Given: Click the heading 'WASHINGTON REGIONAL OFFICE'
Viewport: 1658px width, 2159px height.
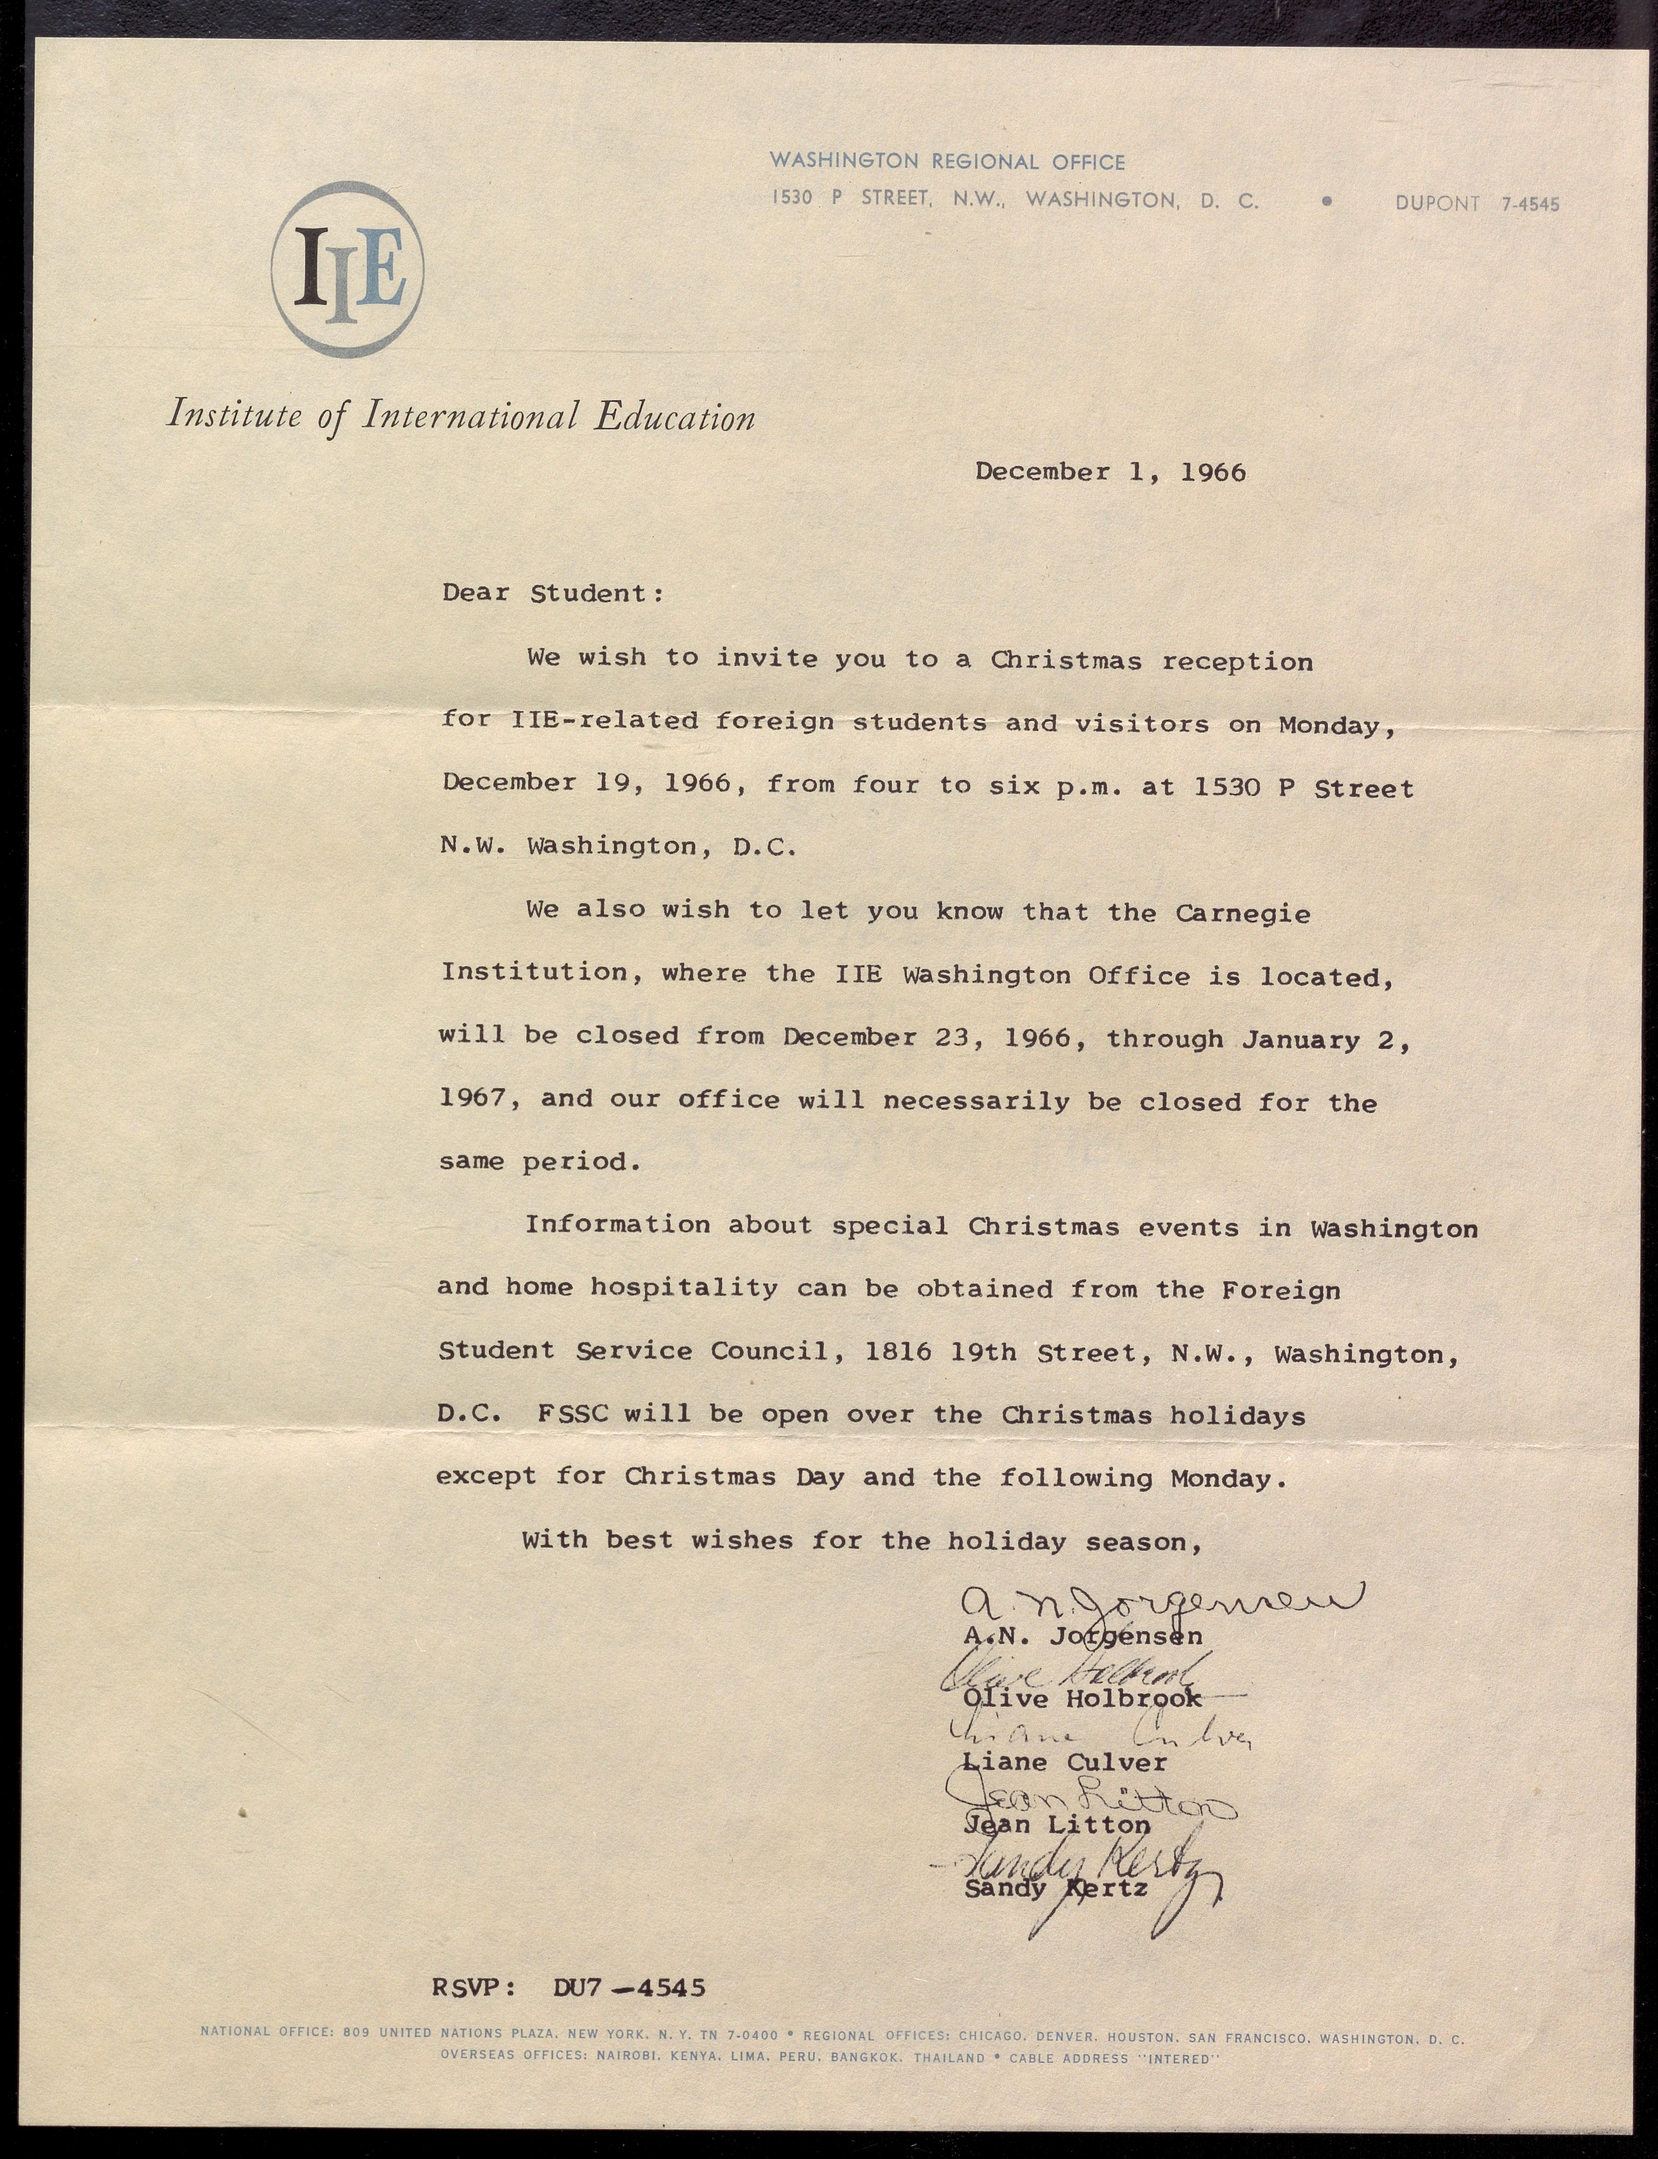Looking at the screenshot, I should coord(947,162).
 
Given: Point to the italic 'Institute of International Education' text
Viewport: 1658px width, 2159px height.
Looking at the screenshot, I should coord(461,415).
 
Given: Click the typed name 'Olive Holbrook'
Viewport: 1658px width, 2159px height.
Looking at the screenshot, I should coord(1083,1698).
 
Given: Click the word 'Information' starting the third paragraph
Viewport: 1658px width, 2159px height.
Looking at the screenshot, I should coord(617,1225).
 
